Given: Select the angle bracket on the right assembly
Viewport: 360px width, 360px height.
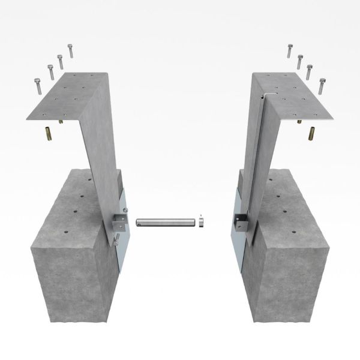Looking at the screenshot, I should pos(241,224).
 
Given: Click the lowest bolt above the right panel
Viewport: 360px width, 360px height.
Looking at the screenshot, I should pos(323,85).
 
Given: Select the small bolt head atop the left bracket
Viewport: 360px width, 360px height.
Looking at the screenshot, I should pos(125,209).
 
